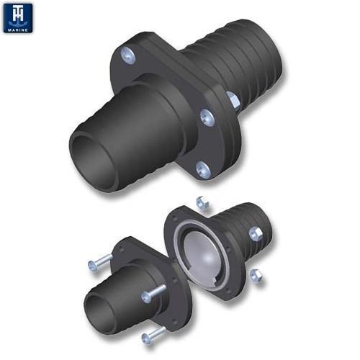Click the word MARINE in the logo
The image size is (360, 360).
[18, 29]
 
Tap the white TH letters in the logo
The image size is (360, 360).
[18, 14]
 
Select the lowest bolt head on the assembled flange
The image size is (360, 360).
[203, 169]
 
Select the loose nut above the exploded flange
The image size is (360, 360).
[201, 204]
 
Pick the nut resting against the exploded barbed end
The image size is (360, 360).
[255, 233]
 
